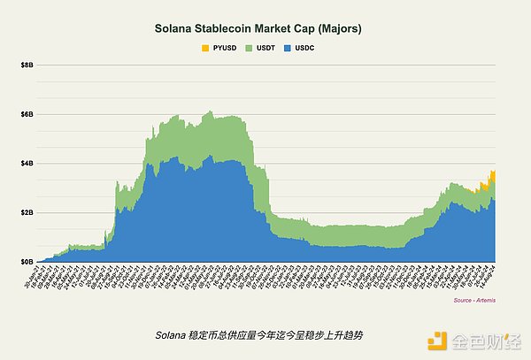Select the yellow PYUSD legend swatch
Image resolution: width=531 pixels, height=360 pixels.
(206, 46)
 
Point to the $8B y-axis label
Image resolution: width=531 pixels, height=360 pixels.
(27, 65)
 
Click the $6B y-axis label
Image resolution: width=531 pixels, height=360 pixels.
(27, 115)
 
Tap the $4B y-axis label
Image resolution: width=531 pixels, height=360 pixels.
(27, 164)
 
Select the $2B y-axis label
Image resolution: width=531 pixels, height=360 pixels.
(27, 213)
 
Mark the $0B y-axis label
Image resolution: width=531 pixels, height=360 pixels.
(27, 262)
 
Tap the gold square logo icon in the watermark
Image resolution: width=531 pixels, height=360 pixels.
(435, 341)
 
